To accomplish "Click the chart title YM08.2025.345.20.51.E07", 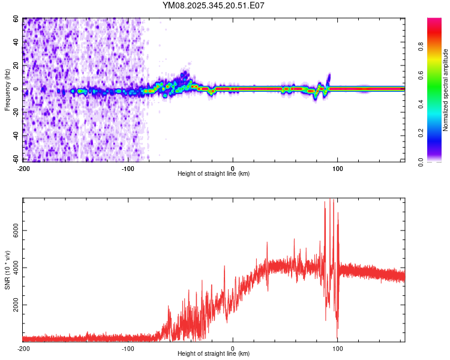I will [x=214, y=5].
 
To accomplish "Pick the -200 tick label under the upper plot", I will [x=23, y=167].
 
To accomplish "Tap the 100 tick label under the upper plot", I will [x=338, y=167].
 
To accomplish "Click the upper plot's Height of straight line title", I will [x=214, y=174].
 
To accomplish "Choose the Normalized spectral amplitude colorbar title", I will [x=445, y=90].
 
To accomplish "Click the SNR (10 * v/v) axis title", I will [x=7, y=270].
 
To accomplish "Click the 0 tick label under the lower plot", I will [x=233, y=348].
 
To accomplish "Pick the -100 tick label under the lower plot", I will [x=128, y=348].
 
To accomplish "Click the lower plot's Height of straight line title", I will [x=214, y=355].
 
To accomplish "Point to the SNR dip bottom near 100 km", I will [x=337, y=338].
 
